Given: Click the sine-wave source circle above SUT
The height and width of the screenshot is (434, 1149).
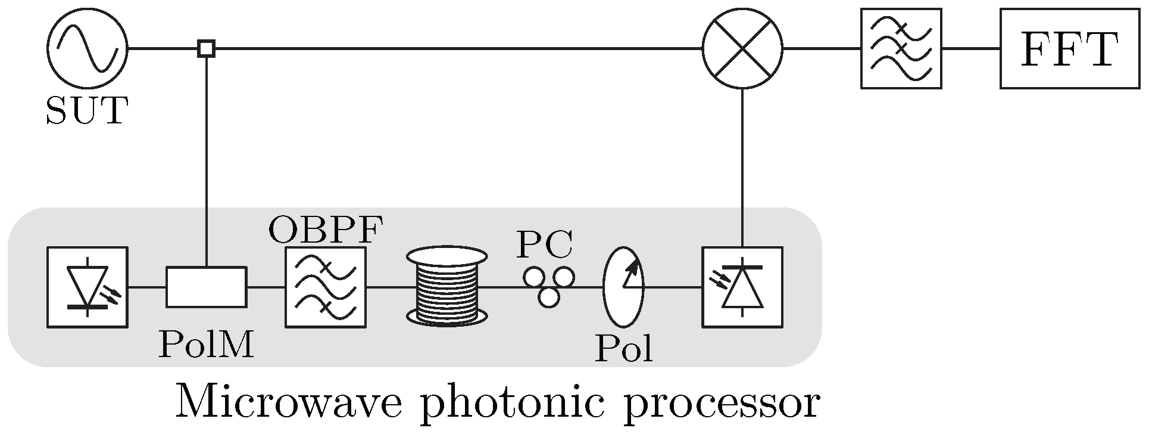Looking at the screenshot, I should [x=87, y=48].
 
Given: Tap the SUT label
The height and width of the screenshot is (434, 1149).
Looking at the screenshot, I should [x=87, y=110].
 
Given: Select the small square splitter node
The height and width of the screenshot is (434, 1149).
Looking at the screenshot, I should [x=206, y=48].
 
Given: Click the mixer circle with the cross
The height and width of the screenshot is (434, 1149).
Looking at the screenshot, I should [x=742, y=48].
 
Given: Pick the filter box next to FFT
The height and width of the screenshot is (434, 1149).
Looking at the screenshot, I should [x=901, y=48].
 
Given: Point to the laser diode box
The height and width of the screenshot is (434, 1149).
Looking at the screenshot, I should [x=87, y=287].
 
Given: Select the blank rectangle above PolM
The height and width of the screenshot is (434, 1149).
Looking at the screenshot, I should [x=206, y=287].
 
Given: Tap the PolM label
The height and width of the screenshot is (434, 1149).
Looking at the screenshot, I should [x=206, y=345].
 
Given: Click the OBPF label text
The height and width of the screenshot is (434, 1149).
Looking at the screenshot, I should [x=325, y=230].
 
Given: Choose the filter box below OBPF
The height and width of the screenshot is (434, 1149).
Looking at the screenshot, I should [x=325, y=287].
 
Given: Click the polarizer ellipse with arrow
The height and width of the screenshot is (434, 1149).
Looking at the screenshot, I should [x=623, y=287].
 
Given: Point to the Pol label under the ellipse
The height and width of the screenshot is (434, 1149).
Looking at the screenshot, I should [x=623, y=349].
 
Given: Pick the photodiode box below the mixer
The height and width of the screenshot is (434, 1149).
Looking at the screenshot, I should [x=742, y=287].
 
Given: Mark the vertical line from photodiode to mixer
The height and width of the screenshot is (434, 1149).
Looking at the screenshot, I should [x=742, y=167].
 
